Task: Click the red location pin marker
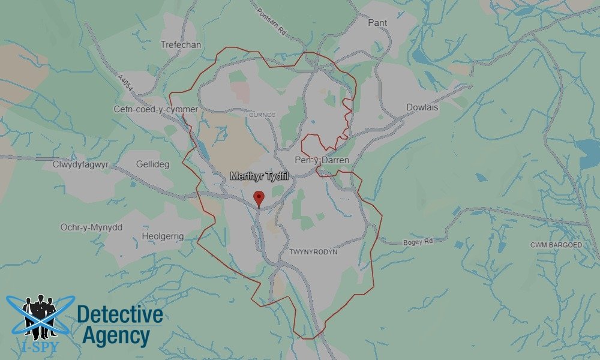tap(259, 197)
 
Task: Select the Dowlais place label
tap(422, 107)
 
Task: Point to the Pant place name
tap(377, 23)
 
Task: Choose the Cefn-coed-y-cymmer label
tap(156, 109)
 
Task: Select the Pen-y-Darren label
tap(322, 160)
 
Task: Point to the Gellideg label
tap(153, 164)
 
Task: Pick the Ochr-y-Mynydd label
tap(91, 227)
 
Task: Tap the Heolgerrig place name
tap(163, 236)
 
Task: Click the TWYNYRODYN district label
tap(313, 252)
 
